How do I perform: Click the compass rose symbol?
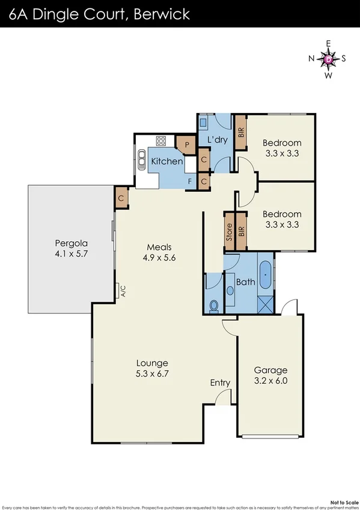[x=328, y=59]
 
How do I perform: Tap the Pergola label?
[x=72, y=248]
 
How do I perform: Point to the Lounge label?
[x=152, y=368]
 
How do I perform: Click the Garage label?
[x=270, y=375]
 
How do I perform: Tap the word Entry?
[x=220, y=382]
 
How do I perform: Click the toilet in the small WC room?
[x=213, y=306]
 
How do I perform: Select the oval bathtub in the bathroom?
[x=266, y=274]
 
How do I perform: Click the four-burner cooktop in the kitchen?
[x=161, y=142]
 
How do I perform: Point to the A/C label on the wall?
[x=122, y=292]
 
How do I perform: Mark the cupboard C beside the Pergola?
[x=121, y=198]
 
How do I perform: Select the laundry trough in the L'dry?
[x=204, y=121]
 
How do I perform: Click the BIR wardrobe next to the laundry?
[x=240, y=131]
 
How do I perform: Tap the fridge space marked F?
[x=190, y=180]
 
